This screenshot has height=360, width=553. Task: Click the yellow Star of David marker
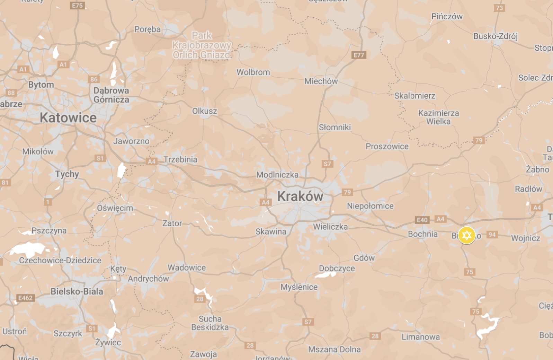(466, 236)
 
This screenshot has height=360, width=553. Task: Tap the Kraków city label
(300, 196)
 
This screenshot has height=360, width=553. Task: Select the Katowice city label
(68, 118)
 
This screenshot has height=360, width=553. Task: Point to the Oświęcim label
(115, 208)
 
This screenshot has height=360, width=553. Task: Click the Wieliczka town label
(330, 227)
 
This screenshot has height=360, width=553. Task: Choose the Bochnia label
(422, 234)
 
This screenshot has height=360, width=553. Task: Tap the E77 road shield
(359, 55)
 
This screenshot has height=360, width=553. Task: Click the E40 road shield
(422, 220)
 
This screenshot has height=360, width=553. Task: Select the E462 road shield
(25, 298)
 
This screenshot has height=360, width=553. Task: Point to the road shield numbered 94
(492, 235)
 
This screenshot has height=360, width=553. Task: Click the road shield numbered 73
(499, 8)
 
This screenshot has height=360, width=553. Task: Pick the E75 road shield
(77, 6)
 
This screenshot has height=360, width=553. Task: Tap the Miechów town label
(321, 81)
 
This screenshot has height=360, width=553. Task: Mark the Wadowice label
(187, 267)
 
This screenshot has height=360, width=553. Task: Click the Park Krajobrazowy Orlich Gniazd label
(202, 45)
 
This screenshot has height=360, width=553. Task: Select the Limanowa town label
(421, 337)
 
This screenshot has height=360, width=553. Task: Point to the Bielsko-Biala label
(77, 291)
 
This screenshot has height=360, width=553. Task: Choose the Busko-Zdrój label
(495, 36)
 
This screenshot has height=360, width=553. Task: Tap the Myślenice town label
(299, 287)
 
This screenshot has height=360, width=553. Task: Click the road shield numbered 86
(94, 79)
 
